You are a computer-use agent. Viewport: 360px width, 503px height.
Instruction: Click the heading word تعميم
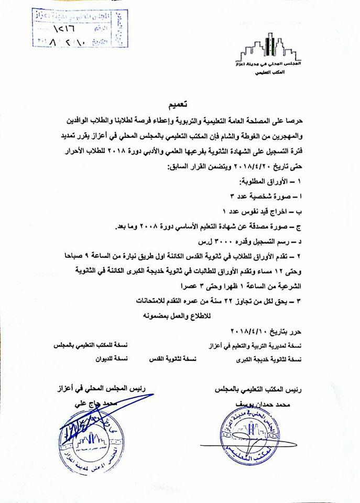(x=181, y=99)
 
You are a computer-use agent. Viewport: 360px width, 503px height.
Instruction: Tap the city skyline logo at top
(x=268, y=48)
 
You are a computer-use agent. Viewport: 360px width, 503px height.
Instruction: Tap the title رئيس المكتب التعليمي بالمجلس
(x=258, y=390)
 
